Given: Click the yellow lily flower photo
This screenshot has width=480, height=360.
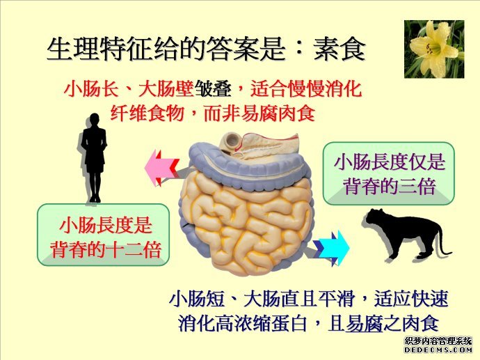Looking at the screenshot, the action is (x=434, y=49).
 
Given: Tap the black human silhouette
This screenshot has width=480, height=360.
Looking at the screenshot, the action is (x=95, y=158).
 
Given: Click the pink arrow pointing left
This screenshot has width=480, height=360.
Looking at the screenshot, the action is (x=161, y=168).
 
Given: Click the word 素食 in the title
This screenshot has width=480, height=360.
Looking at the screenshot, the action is (x=339, y=49).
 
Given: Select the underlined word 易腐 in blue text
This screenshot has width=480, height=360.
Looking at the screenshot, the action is (x=364, y=323).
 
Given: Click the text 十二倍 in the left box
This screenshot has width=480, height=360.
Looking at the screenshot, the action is (x=133, y=250).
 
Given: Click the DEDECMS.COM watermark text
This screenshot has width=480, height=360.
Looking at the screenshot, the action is (x=438, y=350).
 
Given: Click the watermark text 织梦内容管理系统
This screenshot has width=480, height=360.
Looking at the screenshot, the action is (x=438, y=341).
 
